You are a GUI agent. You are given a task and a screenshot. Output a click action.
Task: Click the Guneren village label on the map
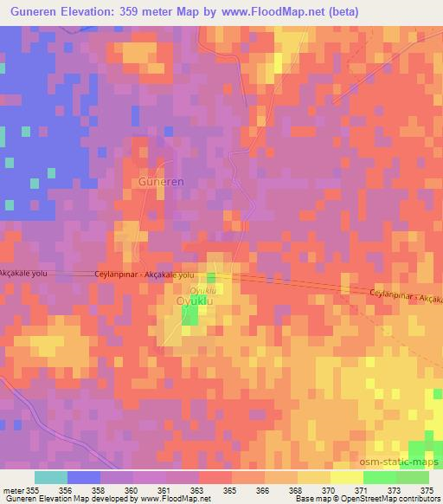[x=162, y=182]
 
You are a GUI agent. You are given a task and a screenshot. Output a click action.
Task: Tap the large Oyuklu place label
[x=195, y=300]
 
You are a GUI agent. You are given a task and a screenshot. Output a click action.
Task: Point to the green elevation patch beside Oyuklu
[x=189, y=316]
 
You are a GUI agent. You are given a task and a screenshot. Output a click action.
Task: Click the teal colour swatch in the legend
[x=51, y=477]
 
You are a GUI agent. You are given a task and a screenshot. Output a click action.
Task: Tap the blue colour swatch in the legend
[x=84, y=477]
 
